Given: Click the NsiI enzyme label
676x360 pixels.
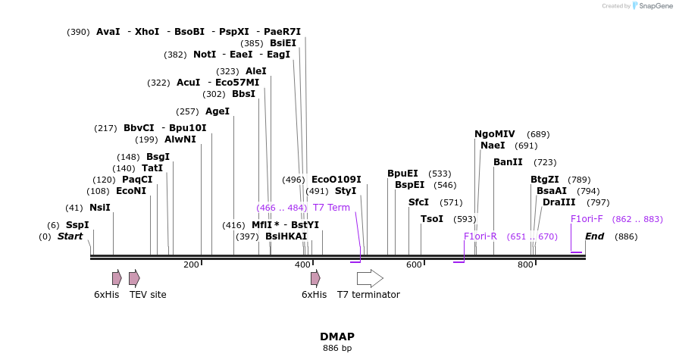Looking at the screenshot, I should pyautogui.click(x=99, y=208).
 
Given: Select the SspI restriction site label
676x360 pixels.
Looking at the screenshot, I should pyautogui.click(x=77, y=225).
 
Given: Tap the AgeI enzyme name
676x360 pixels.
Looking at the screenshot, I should pyautogui.click(x=217, y=111).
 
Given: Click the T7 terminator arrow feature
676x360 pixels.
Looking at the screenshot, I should pyautogui.click(x=370, y=278).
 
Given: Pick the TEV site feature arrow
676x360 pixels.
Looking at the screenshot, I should pyautogui.click(x=134, y=278).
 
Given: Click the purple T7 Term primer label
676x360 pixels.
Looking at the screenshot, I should pyautogui.click(x=331, y=208).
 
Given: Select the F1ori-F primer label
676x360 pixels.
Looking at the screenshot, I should pyautogui.click(x=587, y=219).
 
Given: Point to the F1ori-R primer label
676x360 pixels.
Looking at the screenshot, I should pyautogui.click(x=480, y=236).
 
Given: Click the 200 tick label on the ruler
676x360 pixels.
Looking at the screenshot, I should pyautogui.click(x=191, y=265).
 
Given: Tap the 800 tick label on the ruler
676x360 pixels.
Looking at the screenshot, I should pyautogui.click(x=525, y=265).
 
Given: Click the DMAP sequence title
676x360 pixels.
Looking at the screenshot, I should pyautogui.click(x=337, y=337).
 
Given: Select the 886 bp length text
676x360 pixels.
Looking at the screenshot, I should pyautogui.click(x=337, y=349).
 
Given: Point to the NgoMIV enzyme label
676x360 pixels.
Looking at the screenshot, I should pyautogui.click(x=494, y=134).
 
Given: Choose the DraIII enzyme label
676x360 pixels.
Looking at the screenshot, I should pyautogui.click(x=559, y=202).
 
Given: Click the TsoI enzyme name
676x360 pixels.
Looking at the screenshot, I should pyautogui.click(x=432, y=219).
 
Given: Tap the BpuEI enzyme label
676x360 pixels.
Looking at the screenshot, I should pyautogui.click(x=402, y=174).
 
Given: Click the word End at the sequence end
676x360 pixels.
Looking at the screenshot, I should pyautogui.click(x=594, y=236).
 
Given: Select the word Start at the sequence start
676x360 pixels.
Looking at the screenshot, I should pyautogui.click(x=70, y=236).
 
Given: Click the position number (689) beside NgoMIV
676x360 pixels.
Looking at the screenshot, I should pyautogui.click(x=538, y=134).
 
